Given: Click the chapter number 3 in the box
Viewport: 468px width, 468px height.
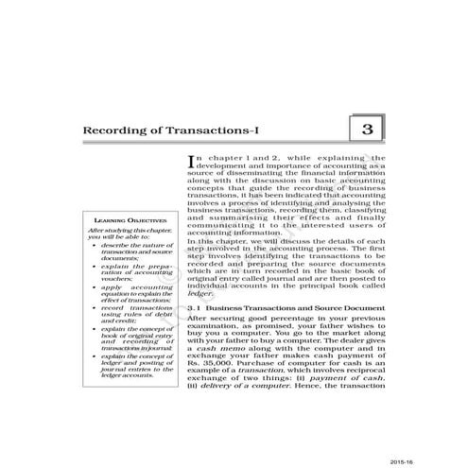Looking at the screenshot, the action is pyautogui.click(x=367, y=130).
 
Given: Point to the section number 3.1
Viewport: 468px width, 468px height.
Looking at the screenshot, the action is pyautogui.click(x=197, y=307).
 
